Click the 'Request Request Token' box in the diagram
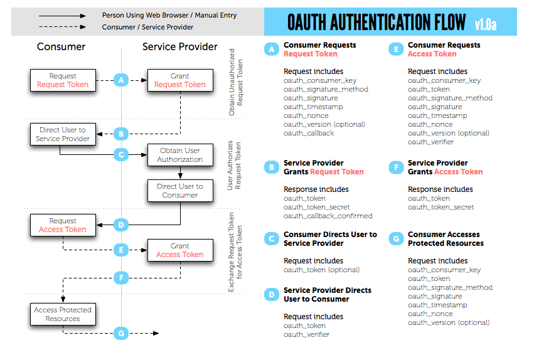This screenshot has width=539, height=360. click(63, 80)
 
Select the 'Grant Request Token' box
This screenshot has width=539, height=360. click(179, 80)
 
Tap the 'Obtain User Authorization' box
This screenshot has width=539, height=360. click(179, 155)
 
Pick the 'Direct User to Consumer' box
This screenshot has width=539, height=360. click(179, 191)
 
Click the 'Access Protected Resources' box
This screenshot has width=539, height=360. click(63, 314)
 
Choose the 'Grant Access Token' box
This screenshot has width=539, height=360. click(179, 250)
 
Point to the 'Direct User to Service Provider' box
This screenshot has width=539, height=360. click(63, 134)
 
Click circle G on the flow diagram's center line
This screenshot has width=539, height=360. click(122, 333)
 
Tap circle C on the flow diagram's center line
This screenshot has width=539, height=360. click(122, 154)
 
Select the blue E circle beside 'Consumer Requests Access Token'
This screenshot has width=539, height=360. click(395, 50)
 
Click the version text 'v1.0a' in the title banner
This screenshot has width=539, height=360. click(485, 24)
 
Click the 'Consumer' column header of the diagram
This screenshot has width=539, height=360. click(61, 47)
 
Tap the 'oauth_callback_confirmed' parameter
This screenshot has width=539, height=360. click(328, 216)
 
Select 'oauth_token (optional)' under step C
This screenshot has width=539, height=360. click(321, 270)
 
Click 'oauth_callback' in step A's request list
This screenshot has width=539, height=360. click(309, 133)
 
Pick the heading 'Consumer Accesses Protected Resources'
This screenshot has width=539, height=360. click(446, 239)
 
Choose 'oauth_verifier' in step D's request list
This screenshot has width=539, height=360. click(306, 334)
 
